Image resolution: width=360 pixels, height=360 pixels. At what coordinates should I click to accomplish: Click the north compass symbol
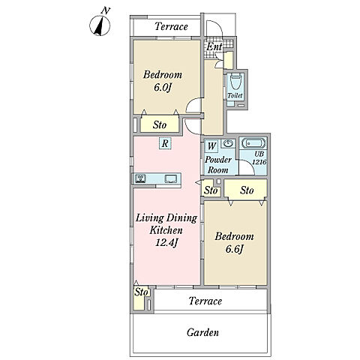click(x=100, y=25)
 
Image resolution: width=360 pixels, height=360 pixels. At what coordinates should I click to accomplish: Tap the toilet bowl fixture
click(x=235, y=82)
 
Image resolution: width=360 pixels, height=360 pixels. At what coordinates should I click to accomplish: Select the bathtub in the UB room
click(x=253, y=143)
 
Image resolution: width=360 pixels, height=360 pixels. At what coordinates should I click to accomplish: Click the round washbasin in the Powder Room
click(x=228, y=143)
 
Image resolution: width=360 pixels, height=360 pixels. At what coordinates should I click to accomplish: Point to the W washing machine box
click(x=211, y=145)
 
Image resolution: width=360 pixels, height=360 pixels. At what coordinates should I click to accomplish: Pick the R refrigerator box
click(x=165, y=143)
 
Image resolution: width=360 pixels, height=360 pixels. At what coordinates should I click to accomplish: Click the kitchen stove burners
click(x=140, y=178)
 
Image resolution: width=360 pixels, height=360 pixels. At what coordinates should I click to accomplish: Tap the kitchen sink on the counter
click(x=171, y=178)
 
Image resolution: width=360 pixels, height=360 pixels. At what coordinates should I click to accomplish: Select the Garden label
click(x=202, y=332)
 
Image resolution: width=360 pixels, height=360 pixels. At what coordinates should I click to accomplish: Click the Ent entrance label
click(x=214, y=46)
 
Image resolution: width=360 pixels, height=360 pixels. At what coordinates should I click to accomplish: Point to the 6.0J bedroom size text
click(x=163, y=88)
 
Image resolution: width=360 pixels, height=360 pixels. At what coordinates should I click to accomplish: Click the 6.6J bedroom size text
click(x=234, y=249)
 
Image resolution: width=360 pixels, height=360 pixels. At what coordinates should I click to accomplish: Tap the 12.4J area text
click(x=166, y=242)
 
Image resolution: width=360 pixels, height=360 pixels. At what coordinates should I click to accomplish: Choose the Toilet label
click(x=235, y=95)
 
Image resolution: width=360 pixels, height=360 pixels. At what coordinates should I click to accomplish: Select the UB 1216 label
click(x=259, y=158)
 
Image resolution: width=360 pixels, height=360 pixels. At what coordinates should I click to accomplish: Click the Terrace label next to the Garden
click(x=205, y=301)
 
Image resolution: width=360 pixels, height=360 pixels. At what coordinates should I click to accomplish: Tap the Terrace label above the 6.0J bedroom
click(x=171, y=26)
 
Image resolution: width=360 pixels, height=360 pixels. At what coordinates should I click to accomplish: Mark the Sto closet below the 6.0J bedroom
click(x=160, y=124)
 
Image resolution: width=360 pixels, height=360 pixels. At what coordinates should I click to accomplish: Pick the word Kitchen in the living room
click(x=166, y=230)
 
